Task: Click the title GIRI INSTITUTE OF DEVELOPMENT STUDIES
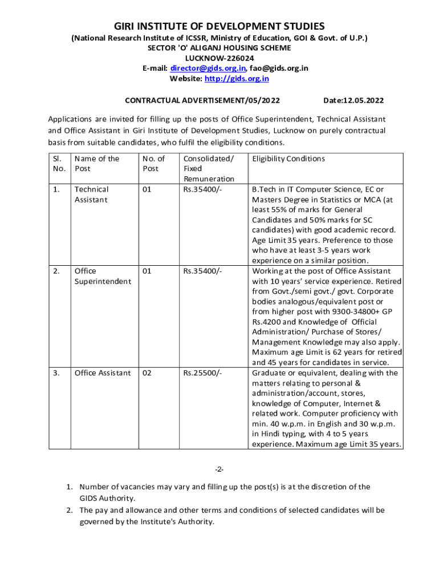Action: tap(219, 27)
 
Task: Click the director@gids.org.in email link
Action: tap(205, 68)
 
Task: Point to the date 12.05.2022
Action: tap(353, 100)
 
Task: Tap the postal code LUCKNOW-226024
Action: tap(219, 58)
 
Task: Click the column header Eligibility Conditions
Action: tap(288, 159)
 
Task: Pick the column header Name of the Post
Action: tap(96, 164)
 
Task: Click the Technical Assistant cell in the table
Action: tap(91, 194)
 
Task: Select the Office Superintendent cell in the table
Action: tap(103, 276)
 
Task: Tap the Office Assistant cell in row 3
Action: tap(102, 373)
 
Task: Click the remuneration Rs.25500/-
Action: tap(202, 373)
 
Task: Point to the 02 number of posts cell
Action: tap(147, 373)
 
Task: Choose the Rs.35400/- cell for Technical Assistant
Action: tap(202, 189)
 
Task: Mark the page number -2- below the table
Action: tap(219, 469)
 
